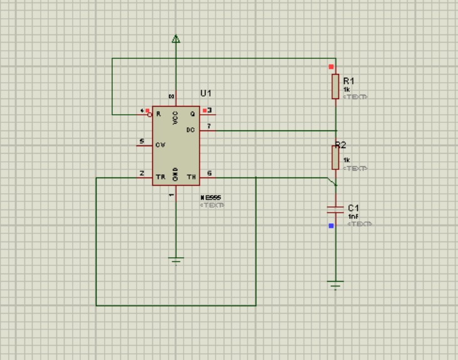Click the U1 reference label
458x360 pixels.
coord(206,93)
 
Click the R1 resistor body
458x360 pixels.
coord(336,87)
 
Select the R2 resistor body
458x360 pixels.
coord(336,157)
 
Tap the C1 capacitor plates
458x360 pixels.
coord(336,209)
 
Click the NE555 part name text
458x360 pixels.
coord(211,198)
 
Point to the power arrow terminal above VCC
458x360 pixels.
coord(176,40)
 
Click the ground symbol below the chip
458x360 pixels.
coord(176,260)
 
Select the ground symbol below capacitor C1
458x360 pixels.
coord(336,284)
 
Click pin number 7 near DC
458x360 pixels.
coord(209,126)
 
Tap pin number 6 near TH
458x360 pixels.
coord(209,173)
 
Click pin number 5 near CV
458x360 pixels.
coord(142,141)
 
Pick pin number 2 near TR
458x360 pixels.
coord(142,173)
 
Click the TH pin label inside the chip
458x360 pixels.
coord(191,177)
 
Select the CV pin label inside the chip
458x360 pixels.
coord(161,145)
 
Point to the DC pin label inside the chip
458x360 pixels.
coord(191,130)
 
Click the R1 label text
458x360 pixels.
coord(348,80)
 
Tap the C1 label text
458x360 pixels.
coord(353,208)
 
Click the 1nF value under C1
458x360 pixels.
coord(353,216)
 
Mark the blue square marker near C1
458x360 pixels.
coord(331,226)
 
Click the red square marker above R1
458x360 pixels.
coord(331,66)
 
